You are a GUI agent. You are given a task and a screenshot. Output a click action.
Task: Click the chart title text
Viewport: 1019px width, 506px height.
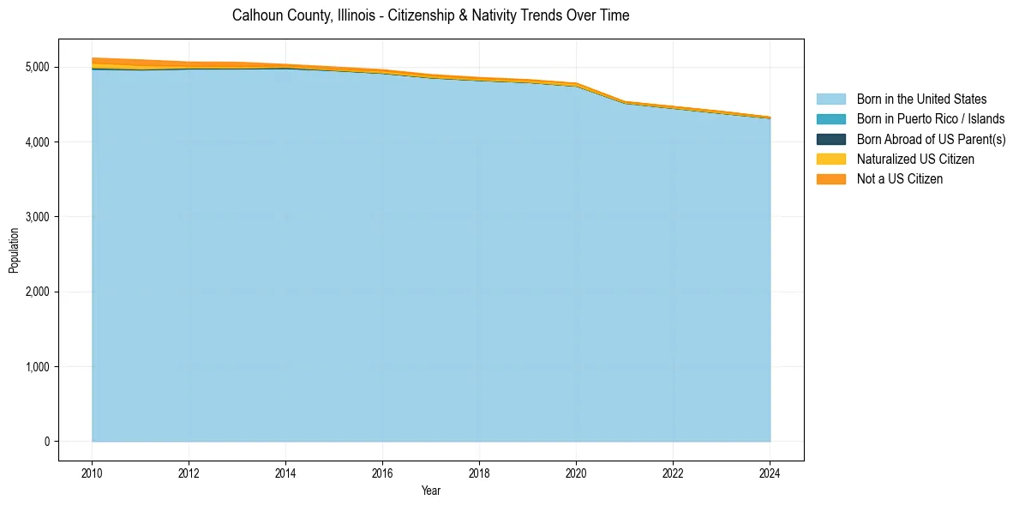point(430,15)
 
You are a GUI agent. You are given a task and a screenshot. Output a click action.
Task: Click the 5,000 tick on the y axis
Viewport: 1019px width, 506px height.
point(38,67)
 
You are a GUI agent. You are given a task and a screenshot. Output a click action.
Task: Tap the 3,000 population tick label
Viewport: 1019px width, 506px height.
point(38,217)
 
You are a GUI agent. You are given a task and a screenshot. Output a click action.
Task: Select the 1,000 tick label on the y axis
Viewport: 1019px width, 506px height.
point(38,367)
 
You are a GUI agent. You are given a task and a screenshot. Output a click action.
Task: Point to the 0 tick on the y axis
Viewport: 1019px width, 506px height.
point(46,442)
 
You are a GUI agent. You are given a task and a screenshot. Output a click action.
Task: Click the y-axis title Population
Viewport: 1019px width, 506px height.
point(14,250)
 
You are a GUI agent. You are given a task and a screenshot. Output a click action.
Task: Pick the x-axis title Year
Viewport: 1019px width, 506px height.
point(431,491)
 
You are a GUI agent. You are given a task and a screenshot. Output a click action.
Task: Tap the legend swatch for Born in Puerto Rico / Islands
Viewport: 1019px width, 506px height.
point(830,119)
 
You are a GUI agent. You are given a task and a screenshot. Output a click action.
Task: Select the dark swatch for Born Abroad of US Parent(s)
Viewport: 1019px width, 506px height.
point(830,139)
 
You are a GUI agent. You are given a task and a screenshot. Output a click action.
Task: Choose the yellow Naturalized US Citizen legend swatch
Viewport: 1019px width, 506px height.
point(830,159)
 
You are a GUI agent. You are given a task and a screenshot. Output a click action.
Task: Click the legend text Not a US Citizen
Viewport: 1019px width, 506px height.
point(900,178)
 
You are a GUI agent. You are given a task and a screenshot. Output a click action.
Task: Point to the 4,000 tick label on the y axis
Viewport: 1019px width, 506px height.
point(38,142)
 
